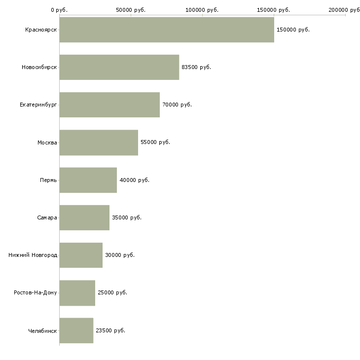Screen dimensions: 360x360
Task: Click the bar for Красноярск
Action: point(167,30)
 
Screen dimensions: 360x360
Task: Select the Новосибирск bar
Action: point(119,67)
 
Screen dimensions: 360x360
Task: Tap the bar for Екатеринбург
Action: point(109,105)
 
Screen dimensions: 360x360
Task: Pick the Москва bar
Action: point(99,143)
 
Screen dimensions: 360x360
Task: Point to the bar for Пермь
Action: point(88,180)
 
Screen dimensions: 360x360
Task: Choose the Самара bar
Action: point(84,217)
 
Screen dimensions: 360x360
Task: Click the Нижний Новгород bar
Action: point(81,255)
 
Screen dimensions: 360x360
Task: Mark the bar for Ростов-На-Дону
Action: point(77,293)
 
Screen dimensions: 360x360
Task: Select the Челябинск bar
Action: point(76,330)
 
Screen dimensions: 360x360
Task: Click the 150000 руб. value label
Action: point(293,30)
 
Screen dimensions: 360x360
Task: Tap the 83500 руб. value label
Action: point(196,67)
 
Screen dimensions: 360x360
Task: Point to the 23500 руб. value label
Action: point(110,330)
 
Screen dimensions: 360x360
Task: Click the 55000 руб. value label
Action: point(155,143)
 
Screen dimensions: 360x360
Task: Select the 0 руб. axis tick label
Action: point(59,10)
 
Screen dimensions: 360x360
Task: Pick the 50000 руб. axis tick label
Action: point(131,10)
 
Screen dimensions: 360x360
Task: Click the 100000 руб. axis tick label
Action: point(202,10)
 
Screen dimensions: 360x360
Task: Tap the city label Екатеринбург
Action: point(38,105)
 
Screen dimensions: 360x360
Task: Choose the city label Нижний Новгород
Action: point(33,255)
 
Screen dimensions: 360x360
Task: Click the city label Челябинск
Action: point(42,331)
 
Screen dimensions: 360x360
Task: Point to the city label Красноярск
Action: point(41,30)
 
